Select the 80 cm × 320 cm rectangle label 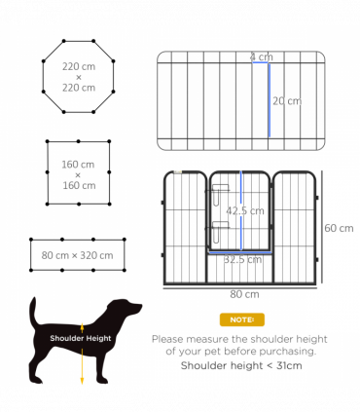pos(77,255)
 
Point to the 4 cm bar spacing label pos(260,56)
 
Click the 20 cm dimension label pos(286,100)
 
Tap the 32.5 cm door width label pos(239,259)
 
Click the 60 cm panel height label pos(339,228)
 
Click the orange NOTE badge pos(239,318)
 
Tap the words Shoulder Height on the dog pos(82,338)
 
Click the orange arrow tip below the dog pos(82,383)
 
